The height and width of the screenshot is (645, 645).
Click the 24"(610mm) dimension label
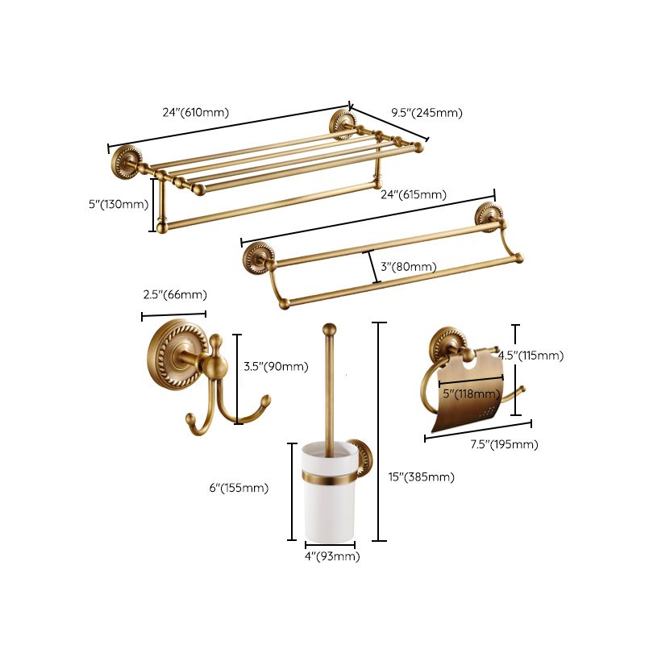tap(195, 113)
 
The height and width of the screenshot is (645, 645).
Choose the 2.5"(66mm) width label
tap(175, 294)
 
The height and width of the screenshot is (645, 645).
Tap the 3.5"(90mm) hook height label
tap(276, 366)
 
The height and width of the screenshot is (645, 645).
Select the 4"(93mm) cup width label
tap(331, 556)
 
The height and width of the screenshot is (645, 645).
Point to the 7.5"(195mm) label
tap(505, 444)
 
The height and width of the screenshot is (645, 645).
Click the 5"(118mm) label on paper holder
tap(471, 393)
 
